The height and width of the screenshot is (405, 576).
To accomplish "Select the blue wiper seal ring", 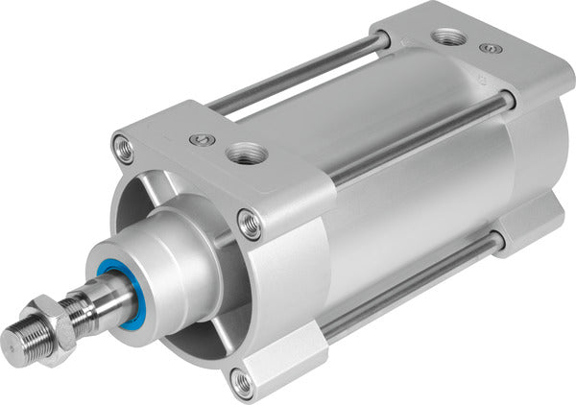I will pos(113,288).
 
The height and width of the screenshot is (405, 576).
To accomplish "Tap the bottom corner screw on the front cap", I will pos(244,384).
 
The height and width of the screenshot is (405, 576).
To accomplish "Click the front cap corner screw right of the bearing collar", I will pos(250,226).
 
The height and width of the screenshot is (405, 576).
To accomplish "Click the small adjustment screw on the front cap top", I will pos(199,140).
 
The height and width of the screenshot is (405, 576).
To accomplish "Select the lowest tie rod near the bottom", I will pos(413,289).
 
